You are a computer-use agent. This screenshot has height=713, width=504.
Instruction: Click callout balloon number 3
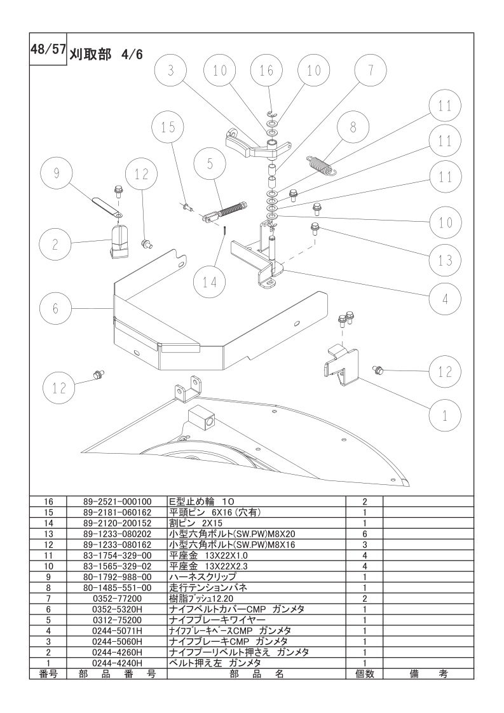click(x=170, y=71)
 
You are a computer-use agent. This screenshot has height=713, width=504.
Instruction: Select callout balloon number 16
click(x=266, y=71)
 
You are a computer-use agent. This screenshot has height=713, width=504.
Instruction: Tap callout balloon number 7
click(x=371, y=71)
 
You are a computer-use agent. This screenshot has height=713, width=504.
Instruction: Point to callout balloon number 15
click(x=168, y=127)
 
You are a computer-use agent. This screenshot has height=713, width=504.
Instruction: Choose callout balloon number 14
click(x=210, y=282)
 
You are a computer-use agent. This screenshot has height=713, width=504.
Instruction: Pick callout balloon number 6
click(x=55, y=309)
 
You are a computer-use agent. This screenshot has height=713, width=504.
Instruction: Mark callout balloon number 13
click(x=446, y=260)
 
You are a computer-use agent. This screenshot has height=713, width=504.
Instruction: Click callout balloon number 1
click(x=446, y=416)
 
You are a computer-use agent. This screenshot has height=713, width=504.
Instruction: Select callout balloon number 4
click(x=446, y=299)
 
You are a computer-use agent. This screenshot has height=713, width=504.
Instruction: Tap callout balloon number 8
click(x=353, y=127)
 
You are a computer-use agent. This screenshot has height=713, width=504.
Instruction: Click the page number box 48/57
click(x=48, y=49)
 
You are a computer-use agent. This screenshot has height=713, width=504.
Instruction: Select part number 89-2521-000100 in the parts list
click(x=117, y=502)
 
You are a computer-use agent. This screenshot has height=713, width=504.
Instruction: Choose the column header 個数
click(x=364, y=674)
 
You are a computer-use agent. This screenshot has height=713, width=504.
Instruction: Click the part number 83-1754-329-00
click(x=117, y=555)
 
